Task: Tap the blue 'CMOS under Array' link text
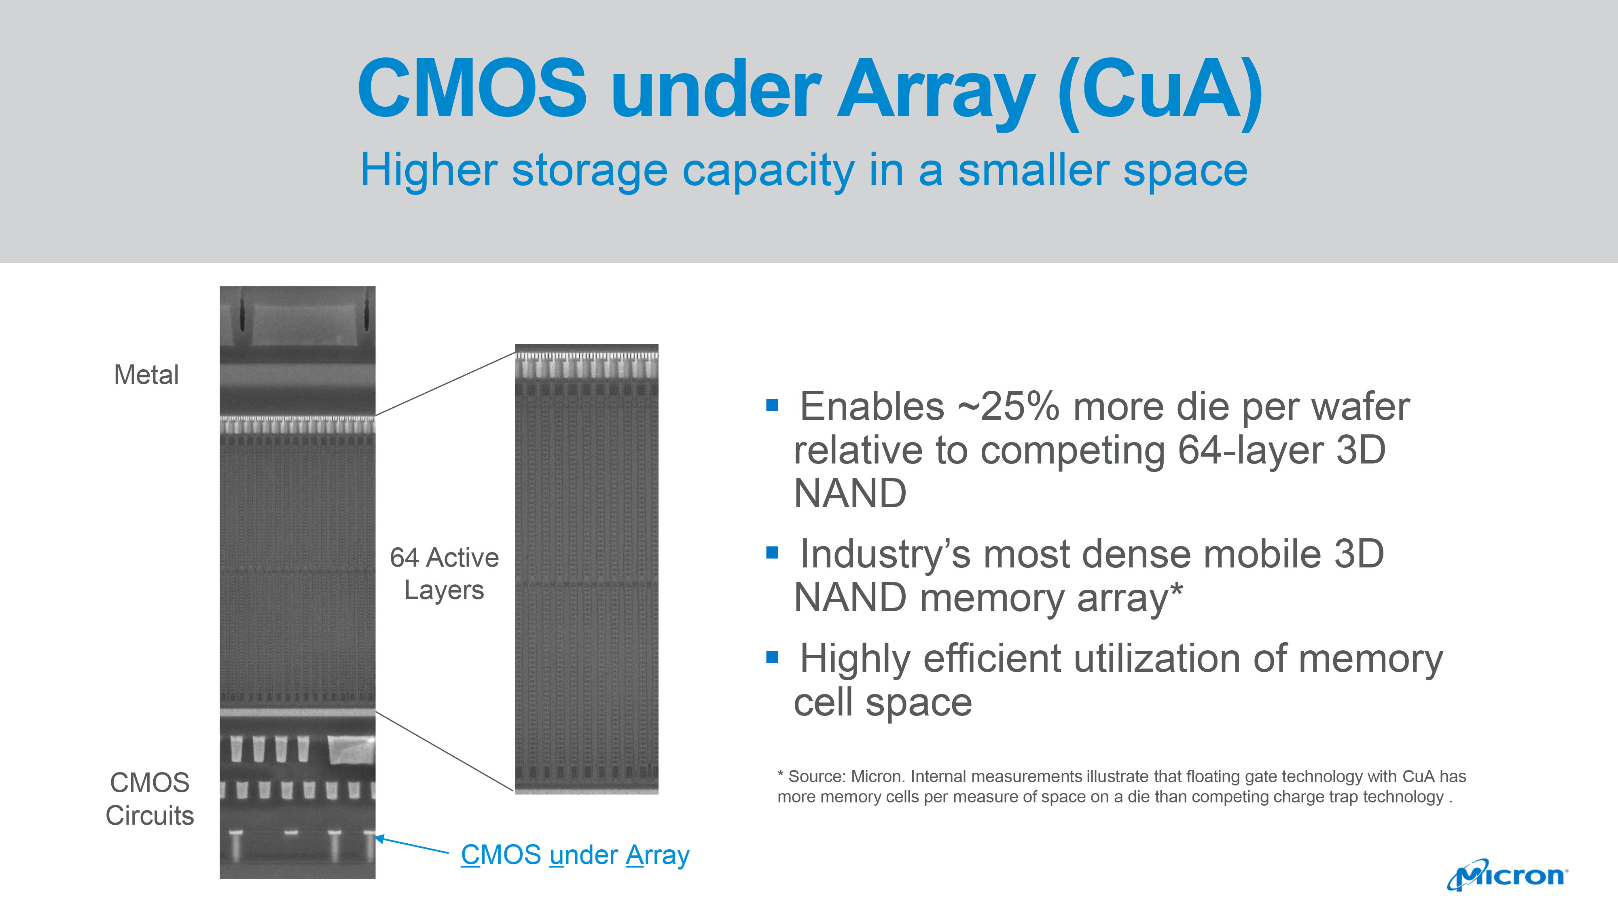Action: pyautogui.click(x=575, y=855)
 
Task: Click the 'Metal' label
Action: pyautogui.click(x=146, y=375)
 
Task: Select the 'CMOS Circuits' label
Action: pyautogui.click(x=150, y=799)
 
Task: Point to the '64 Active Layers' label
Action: pyautogui.click(x=444, y=574)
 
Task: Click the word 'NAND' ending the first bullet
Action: pyautogui.click(x=850, y=493)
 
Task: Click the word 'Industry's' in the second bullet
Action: pyautogui.click(x=885, y=554)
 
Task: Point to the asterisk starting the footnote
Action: pyautogui.click(x=781, y=775)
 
